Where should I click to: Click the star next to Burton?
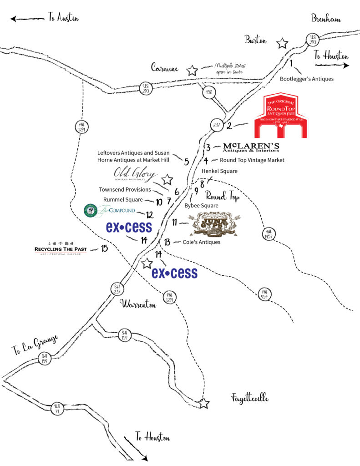coord(283,43)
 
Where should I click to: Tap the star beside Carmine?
coord(192,71)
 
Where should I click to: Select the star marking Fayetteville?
coord(204,403)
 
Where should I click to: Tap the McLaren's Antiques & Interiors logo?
coord(251,147)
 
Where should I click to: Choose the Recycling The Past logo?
coord(60,248)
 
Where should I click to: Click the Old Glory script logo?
coord(136,175)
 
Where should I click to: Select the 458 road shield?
coord(209,92)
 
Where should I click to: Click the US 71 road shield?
coord(57,408)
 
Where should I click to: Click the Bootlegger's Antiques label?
coord(306,79)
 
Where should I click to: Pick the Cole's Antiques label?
coord(201,242)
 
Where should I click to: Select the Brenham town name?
coord(326,18)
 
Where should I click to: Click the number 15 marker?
coord(105,248)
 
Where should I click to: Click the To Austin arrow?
coord(27,19)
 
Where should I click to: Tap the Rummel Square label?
coord(123,200)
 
